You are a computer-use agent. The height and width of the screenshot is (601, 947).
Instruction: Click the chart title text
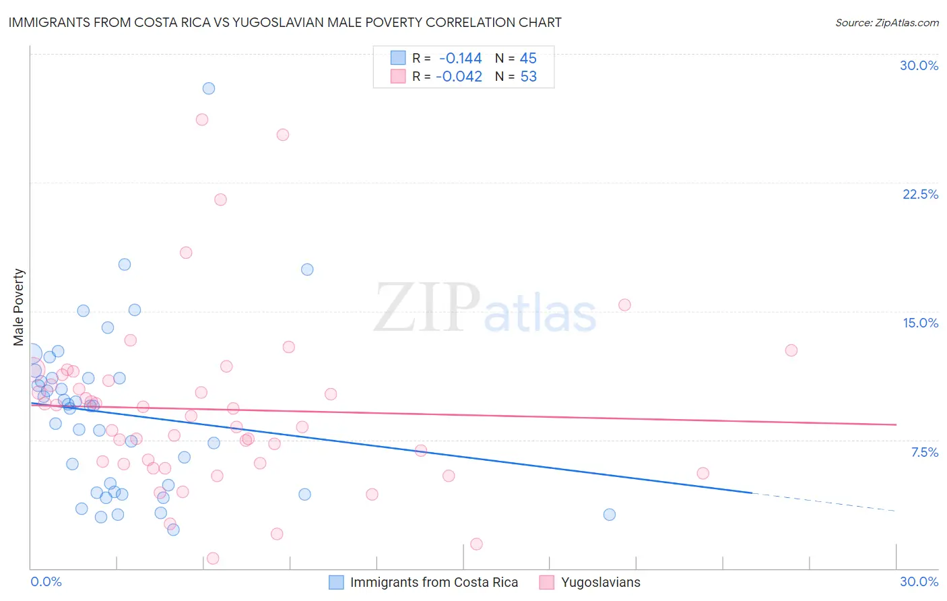click(x=285, y=22)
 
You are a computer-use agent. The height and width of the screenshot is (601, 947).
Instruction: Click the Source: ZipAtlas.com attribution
click(x=886, y=22)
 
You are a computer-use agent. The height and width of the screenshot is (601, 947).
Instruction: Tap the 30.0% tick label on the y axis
click(x=919, y=65)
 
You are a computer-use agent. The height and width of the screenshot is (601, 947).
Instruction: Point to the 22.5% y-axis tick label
click(x=920, y=194)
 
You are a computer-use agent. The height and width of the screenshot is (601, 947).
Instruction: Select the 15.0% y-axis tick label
click(x=920, y=323)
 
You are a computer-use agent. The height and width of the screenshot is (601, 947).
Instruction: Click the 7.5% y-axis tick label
click(x=924, y=452)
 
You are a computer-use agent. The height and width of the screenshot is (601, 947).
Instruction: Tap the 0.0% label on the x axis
click(x=46, y=581)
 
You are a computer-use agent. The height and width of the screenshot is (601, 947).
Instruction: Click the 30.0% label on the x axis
click(x=919, y=581)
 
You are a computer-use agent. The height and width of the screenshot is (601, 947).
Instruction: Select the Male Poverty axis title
click(x=19, y=307)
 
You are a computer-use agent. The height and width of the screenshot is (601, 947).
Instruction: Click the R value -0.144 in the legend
click(x=460, y=58)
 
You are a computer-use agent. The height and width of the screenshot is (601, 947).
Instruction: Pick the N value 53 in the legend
click(x=529, y=76)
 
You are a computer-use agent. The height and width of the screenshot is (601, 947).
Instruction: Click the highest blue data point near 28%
click(x=209, y=88)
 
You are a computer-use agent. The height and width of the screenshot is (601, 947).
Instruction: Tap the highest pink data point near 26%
click(x=202, y=119)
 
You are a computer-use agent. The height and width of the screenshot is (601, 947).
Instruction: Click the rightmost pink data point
click(x=791, y=350)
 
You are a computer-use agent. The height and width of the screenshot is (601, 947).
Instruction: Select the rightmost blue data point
click(x=610, y=515)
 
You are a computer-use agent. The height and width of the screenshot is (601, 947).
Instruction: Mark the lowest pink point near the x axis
click(x=213, y=558)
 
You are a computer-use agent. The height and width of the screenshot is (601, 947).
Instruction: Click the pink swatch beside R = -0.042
click(x=398, y=76)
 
